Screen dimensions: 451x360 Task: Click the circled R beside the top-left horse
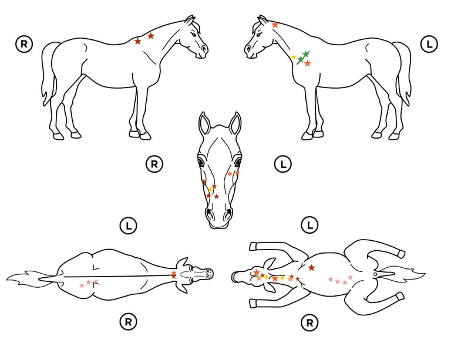[24, 44]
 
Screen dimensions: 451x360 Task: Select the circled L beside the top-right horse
[429, 44]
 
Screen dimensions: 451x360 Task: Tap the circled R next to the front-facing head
[154, 164]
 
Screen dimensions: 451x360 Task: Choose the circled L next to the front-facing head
[283, 164]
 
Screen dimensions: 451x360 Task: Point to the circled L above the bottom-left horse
[128, 225]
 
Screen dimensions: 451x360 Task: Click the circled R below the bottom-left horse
[128, 322]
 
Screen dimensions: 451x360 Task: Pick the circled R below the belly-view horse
[309, 323]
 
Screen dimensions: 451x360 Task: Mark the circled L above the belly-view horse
[309, 225]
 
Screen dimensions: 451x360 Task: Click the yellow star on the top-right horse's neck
[294, 57]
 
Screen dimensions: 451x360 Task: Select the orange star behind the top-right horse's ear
[275, 25]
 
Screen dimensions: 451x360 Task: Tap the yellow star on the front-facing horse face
[210, 189]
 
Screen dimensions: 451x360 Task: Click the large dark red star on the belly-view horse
[311, 268]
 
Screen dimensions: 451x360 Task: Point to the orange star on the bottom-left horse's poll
[173, 274]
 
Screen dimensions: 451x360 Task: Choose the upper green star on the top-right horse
[306, 54]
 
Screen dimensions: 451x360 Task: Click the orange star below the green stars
[308, 63]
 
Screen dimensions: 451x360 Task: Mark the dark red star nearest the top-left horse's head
[151, 36]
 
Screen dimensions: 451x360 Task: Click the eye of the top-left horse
[194, 35]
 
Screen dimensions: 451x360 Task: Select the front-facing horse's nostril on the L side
[228, 213]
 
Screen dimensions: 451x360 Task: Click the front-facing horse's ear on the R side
[204, 124]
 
